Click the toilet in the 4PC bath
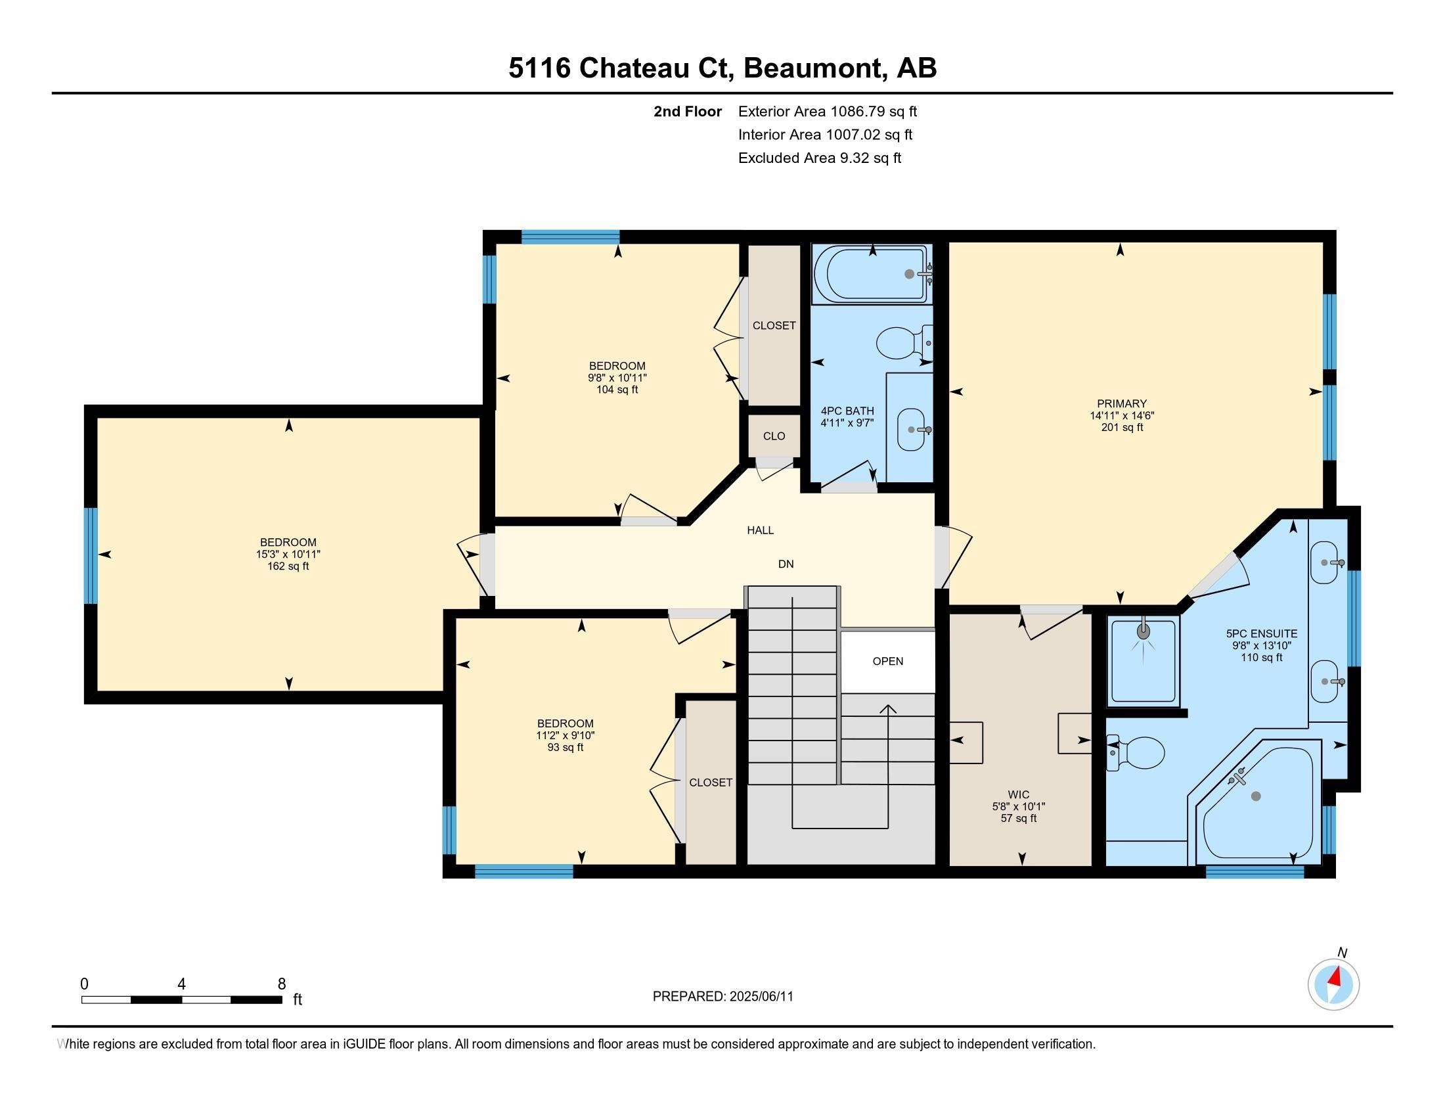coord(904,343)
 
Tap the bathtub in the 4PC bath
coord(872,274)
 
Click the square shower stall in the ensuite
coord(1144,660)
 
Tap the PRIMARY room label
coord(1121,403)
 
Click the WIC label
coord(1019,795)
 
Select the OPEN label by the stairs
coord(888,661)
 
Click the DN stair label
coord(786,564)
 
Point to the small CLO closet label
coord(774,436)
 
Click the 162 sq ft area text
coord(288,566)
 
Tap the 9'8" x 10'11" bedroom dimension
coord(617,378)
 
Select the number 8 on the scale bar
coord(282,984)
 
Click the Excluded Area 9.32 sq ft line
coord(820,158)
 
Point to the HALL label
coord(760,530)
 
